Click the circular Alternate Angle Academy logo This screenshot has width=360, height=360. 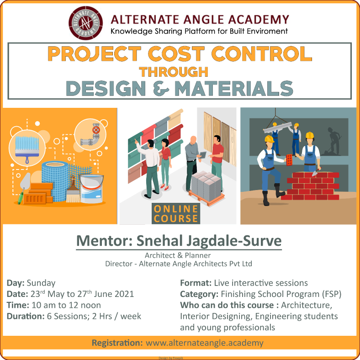[85, 23]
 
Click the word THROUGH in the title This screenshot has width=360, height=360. [174, 72]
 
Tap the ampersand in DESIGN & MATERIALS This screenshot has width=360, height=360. [161, 89]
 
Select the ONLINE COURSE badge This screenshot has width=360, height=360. [176, 213]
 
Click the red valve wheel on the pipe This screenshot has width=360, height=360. [96, 130]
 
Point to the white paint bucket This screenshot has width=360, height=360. [92, 189]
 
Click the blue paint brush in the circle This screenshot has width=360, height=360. [27, 148]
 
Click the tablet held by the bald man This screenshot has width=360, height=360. [203, 155]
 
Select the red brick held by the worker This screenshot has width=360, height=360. [289, 160]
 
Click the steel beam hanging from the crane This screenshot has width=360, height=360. [278, 128]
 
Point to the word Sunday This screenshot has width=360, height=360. [41, 283]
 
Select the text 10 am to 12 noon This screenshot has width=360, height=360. [66, 305]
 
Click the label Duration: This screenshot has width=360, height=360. [26, 317]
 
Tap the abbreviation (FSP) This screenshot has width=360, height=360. [332, 294]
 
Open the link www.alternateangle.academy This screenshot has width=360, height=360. [205, 343]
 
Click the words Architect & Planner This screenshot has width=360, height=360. [178, 255]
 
